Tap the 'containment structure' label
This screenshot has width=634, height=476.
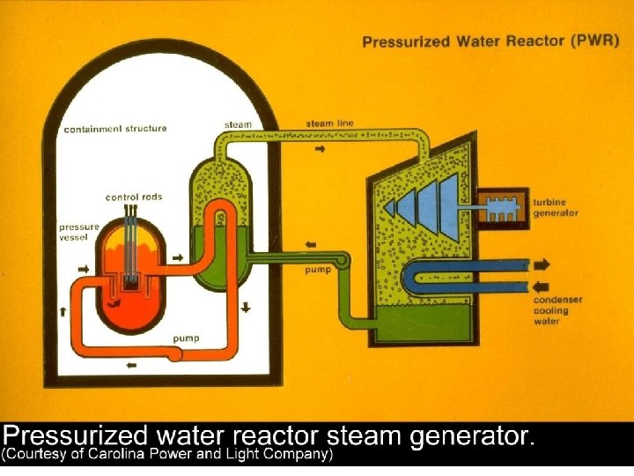[x=114, y=129]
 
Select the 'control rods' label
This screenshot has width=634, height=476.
[x=134, y=197]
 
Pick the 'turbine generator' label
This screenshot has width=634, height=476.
[x=555, y=207]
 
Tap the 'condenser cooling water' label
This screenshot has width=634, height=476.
[x=557, y=310]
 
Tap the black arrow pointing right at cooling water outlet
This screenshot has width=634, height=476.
[x=542, y=264]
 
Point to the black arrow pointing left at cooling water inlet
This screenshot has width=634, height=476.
[x=542, y=286]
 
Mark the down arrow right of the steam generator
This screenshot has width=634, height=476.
[x=246, y=308]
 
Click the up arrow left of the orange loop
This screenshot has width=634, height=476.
[x=63, y=310]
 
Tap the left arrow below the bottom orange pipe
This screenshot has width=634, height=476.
[x=131, y=365]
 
